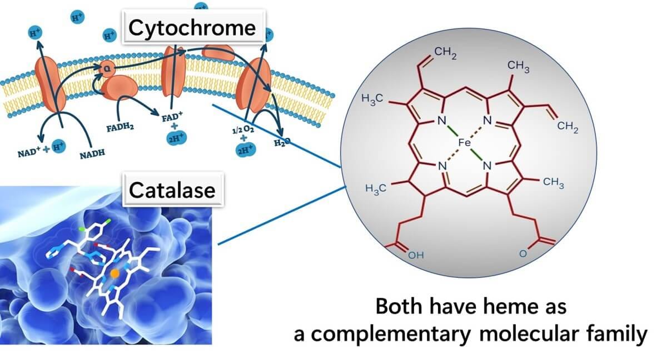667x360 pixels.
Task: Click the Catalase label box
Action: pyautogui.click(x=172, y=190)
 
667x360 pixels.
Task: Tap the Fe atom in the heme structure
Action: pyautogui.click(x=465, y=143)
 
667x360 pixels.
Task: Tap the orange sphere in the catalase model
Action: pyautogui.click(x=115, y=273)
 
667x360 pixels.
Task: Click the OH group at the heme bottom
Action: pyautogui.click(x=416, y=256)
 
